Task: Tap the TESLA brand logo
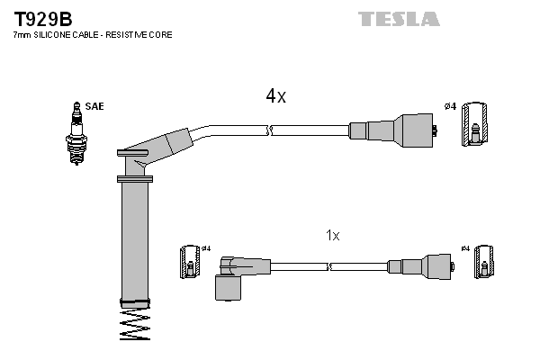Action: point(399,19)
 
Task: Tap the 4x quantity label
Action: point(275,96)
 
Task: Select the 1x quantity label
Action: point(332,235)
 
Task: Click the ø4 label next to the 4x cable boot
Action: point(451,106)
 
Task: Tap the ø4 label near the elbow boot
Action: point(205,248)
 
